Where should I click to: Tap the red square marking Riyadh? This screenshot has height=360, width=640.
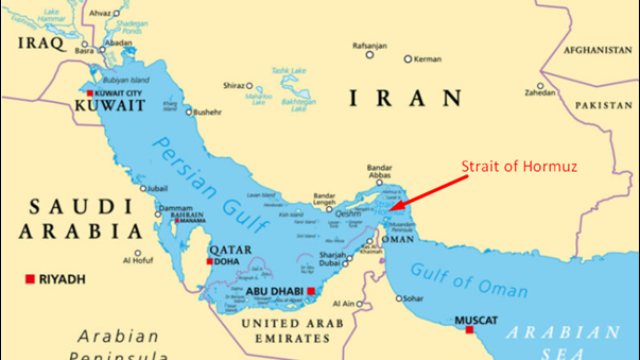coord(31,278)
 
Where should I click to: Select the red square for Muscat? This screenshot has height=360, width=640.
coord(469,330)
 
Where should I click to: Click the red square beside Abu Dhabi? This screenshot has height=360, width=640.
coord(312,292)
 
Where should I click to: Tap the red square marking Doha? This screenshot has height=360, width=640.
coord(209,262)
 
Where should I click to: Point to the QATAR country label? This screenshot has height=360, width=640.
coord(229,248)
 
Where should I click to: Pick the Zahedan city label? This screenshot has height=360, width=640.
coord(539,92)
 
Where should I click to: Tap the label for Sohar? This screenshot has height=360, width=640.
coord(413,299)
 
